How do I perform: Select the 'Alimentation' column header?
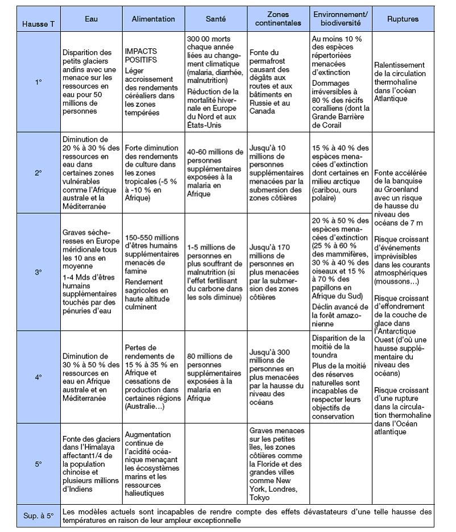point(153,19)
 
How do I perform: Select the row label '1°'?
point(38,82)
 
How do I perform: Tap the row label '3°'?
point(38,272)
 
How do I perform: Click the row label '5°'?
point(38,464)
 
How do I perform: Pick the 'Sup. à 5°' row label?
point(38,516)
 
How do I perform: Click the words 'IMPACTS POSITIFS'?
point(141,55)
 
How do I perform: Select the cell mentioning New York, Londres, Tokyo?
point(277,464)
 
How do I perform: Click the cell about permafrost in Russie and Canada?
point(277,82)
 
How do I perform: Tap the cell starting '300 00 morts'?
point(215,82)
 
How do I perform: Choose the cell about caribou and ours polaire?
point(340,172)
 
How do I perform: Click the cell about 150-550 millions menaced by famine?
point(153,272)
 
